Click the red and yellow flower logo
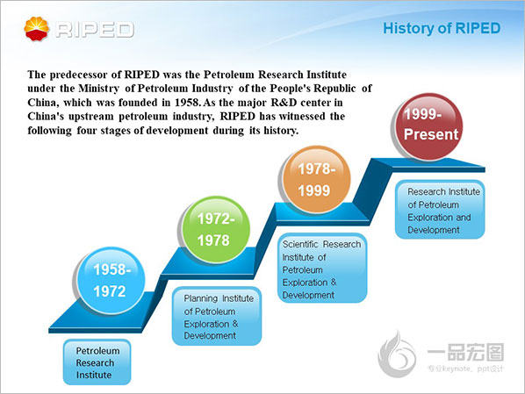pyautogui.click(x=37, y=29)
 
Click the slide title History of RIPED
pyautogui.click(x=442, y=28)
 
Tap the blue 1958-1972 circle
pyautogui.click(x=111, y=281)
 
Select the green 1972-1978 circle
pyautogui.click(x=216, y=230)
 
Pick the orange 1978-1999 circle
pyautogui.click(x=316, y=179)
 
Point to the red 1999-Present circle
pyautogui.click(x=428, y=126)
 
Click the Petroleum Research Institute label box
pyautogui.click(x=97, y=362)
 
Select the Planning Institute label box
pyautogui.click(x=217, y=316)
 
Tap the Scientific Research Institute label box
pyautogui.click(x=322, y=269)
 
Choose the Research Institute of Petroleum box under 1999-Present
pyautogui.click(x=440, y=210)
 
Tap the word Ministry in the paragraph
pyautogui.click(x=98, y=89)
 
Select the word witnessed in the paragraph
pyautogui.click(x=302, y=116)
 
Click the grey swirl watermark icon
pyautogui.click(x=397, y=355)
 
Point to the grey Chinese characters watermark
pyautogui.click(x=465, y=353)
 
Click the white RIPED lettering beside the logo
pyautogui.click(x=95, y=30)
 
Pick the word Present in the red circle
pyautogui.click(x=431, y=134)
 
